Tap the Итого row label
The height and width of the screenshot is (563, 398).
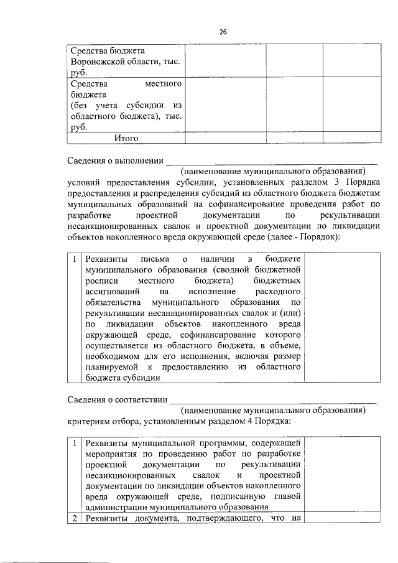(x=126, y=138)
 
